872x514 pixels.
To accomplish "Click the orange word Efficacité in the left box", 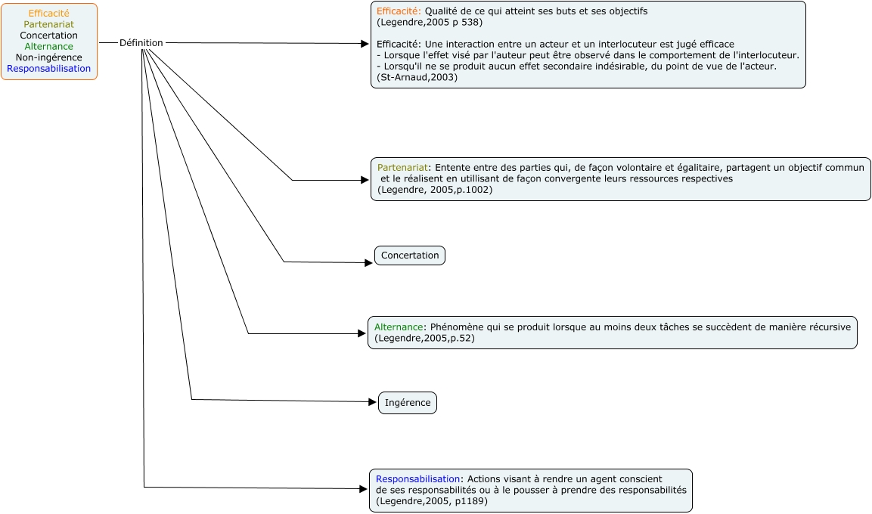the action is coord(49,14).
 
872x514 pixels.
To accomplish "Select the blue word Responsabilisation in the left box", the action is coord(49,68).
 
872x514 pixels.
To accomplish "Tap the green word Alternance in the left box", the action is coord(49,46).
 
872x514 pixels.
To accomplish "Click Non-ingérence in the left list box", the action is coord(49,57).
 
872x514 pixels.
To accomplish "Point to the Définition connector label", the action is coord(141,43).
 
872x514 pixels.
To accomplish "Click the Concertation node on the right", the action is coord(410,255).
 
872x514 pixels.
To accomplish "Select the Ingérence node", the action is coord(408,403).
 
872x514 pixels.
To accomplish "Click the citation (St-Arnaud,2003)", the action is coord(417,77).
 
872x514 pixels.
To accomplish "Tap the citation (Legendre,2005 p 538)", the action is coord(430,22).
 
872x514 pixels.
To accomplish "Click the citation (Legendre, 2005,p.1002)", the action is coord(435,190).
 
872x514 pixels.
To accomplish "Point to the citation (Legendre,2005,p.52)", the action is coord(425,338).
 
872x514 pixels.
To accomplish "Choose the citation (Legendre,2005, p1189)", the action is coord(432,500).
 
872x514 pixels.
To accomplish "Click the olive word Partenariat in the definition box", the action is coord(402,167).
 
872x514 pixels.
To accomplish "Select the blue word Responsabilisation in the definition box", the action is coord(418,479).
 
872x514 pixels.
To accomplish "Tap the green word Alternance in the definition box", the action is coord(399,327).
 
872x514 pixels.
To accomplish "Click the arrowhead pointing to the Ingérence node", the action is coord(373,402).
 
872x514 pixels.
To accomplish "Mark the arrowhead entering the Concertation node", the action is coord(369,263).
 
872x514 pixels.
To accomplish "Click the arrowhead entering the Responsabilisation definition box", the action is coord(364,489).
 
